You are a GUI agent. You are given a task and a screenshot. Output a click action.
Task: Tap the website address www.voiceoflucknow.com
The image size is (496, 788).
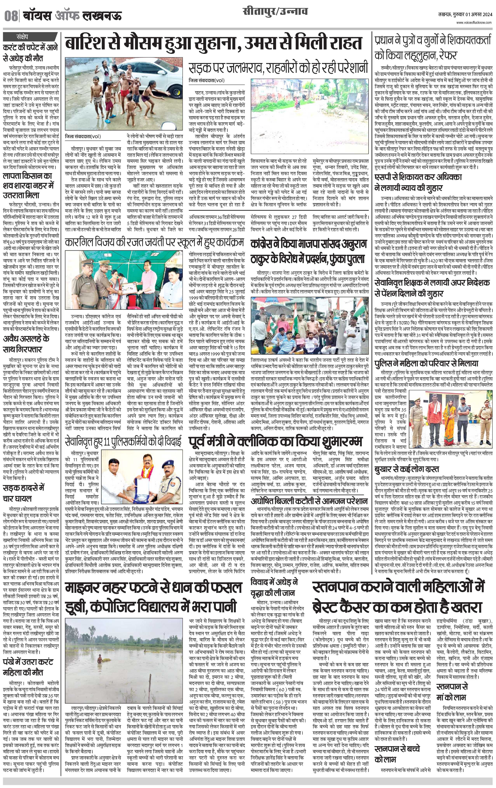474,23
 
